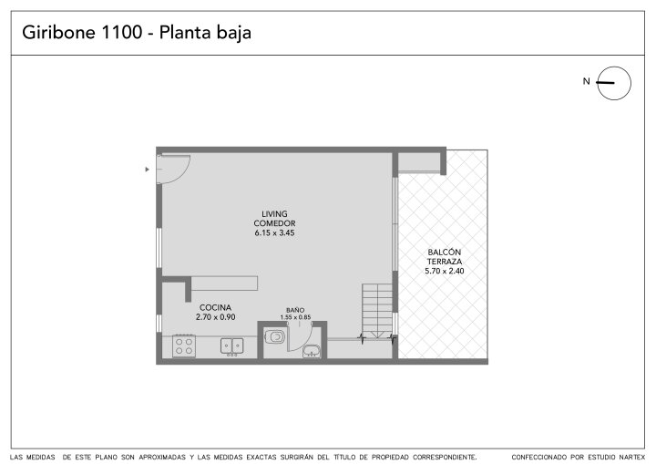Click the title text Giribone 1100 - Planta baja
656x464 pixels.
137,33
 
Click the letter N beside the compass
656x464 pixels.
586,81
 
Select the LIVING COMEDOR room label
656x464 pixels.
274,219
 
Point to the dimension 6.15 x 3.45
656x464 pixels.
274,232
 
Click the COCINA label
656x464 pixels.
215,307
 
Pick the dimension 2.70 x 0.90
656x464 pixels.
215,317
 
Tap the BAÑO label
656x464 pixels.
295,310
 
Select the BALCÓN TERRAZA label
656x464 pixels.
445,257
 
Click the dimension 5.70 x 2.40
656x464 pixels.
445,271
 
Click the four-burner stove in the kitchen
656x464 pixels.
184,345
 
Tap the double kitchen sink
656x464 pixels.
231,346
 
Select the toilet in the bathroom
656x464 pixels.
274,336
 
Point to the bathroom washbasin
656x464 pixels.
312,351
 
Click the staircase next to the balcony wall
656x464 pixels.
377,311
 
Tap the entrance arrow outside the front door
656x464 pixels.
147,170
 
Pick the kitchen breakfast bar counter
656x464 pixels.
224,284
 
